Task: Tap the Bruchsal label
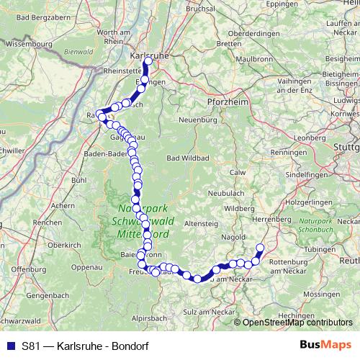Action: tap(201, 10)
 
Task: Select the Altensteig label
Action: tap(201, 224)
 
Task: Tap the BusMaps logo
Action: tap(325, 345)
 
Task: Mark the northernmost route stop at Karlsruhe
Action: tap(148, 62)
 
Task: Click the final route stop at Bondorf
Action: tap(260, 249)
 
